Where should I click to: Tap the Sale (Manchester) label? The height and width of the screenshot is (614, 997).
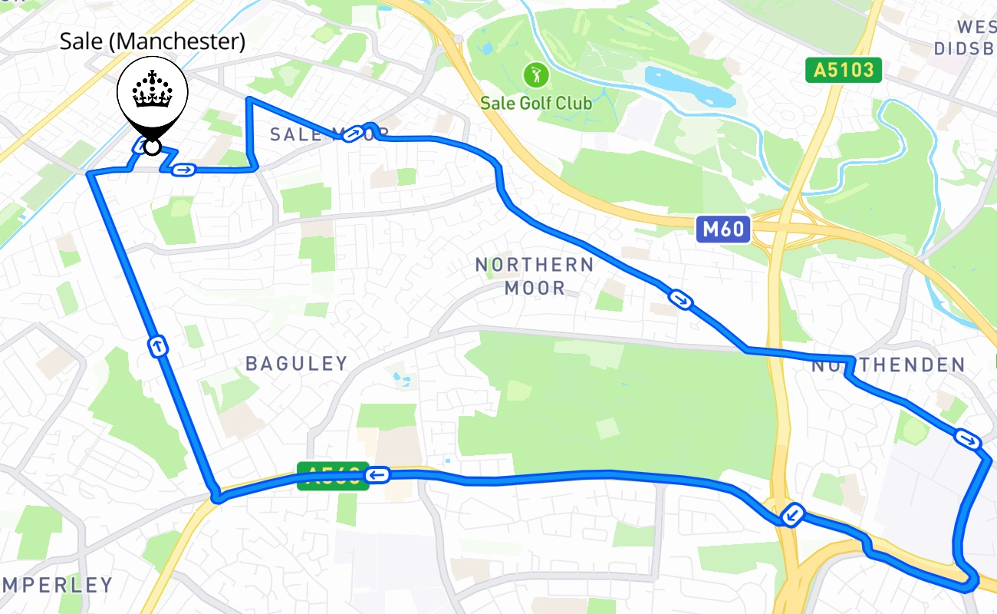[x=153, y=41]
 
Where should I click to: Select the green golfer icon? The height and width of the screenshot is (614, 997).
[x=536, y=75]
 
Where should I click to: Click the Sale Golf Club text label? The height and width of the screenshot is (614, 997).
[x=536, y=102]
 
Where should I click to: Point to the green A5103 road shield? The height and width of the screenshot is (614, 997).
[x=844, y=71]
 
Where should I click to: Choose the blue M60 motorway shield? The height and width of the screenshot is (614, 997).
[x=723, y=229]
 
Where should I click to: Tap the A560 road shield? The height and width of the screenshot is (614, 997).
[x=330, y=476]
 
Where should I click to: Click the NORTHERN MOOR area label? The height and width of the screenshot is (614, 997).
[x=535, y=276]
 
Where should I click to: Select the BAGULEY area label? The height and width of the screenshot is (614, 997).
[x=296, y=364]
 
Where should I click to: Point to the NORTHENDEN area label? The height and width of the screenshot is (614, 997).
[x=888, y=366]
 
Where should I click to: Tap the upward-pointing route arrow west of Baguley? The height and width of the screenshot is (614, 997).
[x=158, y=346]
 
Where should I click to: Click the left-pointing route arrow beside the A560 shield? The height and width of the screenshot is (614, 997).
[x=377, y=476]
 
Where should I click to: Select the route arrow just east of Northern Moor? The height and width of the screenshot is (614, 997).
[x=680, y=299]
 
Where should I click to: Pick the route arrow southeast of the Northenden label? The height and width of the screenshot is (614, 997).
[x=967, y=439]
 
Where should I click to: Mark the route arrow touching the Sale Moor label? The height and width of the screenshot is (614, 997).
[x=353, y=135]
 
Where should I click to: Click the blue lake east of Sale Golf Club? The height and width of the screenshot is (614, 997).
[x=689, y=86]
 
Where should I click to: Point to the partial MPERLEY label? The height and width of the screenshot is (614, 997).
[x=57, y=586]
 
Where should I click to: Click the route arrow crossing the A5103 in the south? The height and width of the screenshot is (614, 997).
[x=791, y=515]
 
